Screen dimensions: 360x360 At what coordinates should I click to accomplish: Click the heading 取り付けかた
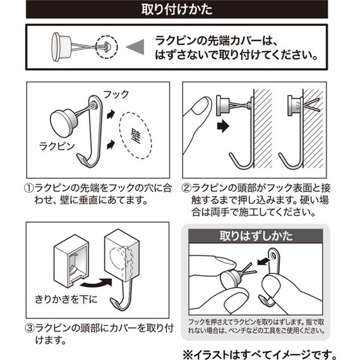pos(177,9)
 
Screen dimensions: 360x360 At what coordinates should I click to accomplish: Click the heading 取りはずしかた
pos(256,236)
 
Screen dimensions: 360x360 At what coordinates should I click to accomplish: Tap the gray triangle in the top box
pos(136,47)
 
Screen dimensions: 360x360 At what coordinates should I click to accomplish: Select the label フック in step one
pos(116,94)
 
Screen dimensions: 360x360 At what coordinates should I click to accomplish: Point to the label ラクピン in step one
pos(57,147)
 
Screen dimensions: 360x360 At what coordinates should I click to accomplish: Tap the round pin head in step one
pos(62,124)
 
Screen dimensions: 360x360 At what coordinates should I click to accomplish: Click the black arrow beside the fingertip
pos(223,126)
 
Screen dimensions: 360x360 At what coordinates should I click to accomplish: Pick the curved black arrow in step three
pos(97,284)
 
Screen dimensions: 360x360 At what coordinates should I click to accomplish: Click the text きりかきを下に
pos(66,299)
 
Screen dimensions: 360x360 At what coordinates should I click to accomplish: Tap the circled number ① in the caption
pos(29,188)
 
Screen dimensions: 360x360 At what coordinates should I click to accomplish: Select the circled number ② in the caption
pos(186,188)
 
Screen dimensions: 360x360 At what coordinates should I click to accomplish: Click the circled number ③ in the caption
pos(30,328)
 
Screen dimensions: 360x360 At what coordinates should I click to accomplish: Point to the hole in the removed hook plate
pos(273,255)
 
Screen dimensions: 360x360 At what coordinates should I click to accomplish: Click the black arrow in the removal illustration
pos(263,261)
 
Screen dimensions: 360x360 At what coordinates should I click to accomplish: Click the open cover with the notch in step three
pos(71,261)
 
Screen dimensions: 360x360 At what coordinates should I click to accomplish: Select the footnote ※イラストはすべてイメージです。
pos(260,354)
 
